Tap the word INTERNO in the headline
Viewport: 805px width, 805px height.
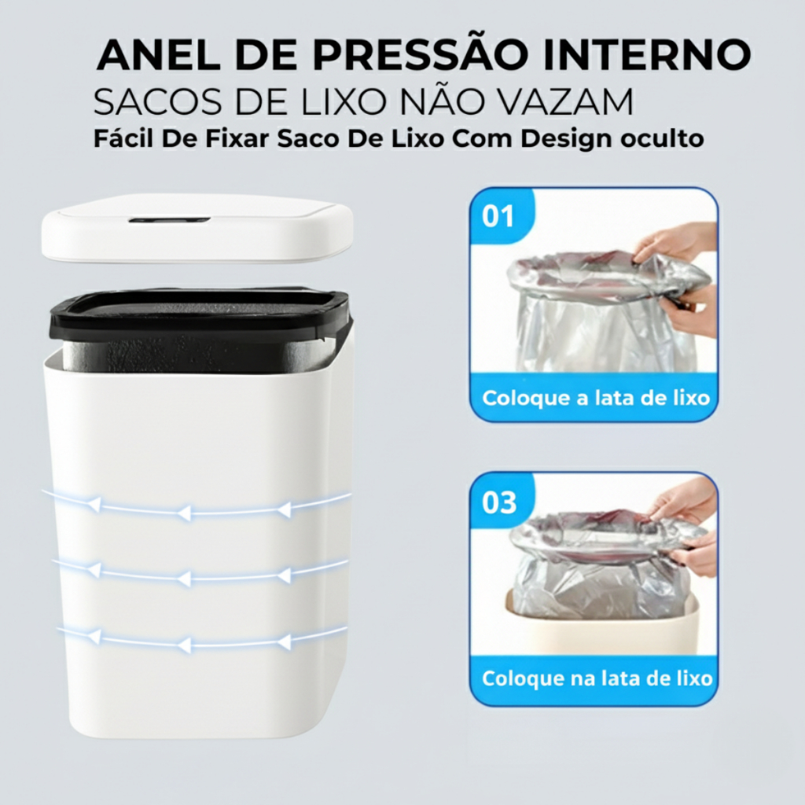648,54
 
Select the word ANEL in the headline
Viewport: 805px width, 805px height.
159,54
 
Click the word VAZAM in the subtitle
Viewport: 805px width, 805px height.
568,101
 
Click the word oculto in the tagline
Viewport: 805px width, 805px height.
662,138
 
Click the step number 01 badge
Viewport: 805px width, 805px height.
498,215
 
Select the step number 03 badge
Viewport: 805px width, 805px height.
499,502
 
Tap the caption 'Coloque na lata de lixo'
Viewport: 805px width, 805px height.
597,678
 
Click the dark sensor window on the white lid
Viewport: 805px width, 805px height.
170,220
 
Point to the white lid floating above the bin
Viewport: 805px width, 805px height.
197,229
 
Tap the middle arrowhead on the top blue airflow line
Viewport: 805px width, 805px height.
184,513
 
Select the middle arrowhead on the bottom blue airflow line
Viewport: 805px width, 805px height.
184,645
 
